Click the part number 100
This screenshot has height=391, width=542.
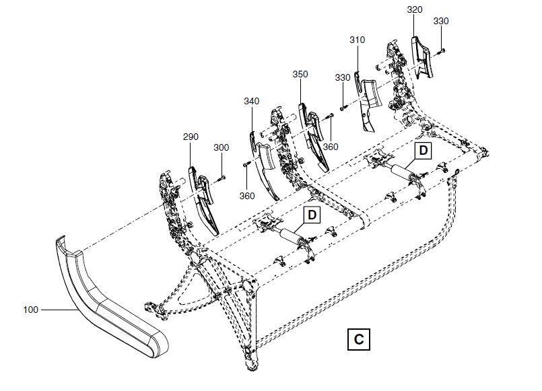click(x=31, y=310)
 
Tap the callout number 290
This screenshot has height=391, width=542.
click(x=191, y=137)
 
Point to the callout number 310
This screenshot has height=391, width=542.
click(x=357, y=40)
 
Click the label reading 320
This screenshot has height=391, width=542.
click(x=415, y=10)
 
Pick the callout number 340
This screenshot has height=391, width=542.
click(x=251, y=101)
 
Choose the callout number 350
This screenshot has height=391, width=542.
click(x=300, y=75)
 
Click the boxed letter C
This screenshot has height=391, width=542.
click(x=359, y=339)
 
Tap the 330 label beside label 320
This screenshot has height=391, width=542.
click(x=441, y=22)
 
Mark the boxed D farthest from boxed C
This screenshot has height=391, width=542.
click(x=422, y=151)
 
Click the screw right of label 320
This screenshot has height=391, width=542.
click(x=440, y=50)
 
